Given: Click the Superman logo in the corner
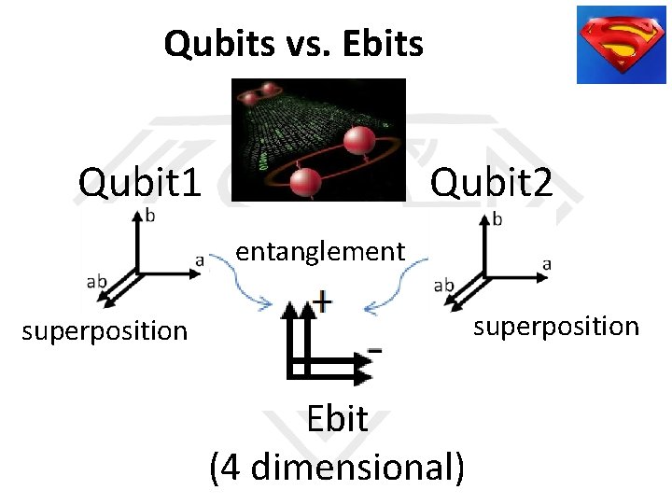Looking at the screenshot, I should point(621,45).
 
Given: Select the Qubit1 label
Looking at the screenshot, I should point(140,182).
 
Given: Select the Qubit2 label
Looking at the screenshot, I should point(491,182).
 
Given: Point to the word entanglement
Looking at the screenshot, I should point(320,251).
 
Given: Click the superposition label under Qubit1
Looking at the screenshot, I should point(105,330).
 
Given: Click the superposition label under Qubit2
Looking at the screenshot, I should point(556,326).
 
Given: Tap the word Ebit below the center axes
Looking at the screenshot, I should point(337,419).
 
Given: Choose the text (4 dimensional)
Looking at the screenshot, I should point(337,467).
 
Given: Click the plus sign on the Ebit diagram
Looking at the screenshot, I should point(323,301).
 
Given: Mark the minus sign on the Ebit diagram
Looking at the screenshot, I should point(374,349).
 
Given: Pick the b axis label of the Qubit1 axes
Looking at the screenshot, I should point(151,216).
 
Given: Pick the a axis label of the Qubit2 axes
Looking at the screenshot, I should point(546,264).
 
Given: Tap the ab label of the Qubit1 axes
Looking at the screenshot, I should point(96,281).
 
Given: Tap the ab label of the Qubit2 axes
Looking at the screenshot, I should point(445,285).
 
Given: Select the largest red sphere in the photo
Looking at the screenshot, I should point(360,141).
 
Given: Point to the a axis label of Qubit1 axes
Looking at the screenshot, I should point(199,260).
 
